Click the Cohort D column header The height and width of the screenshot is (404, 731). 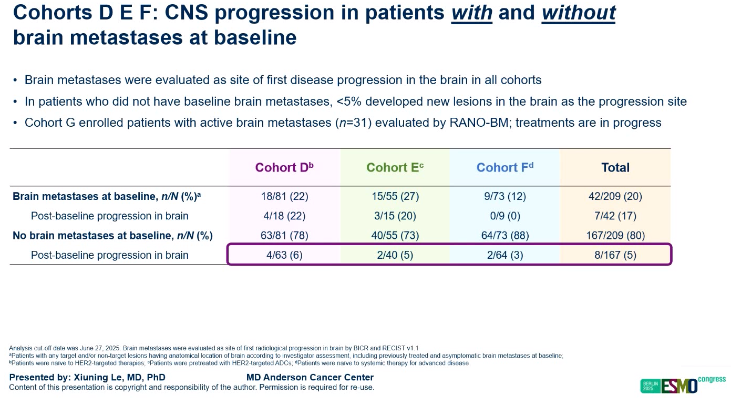284,167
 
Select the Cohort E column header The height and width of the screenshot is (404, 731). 395,167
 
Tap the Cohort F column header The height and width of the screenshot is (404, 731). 505,167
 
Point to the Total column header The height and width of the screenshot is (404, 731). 615,167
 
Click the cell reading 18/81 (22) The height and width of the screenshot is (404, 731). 284,196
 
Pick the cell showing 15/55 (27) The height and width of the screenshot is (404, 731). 395,196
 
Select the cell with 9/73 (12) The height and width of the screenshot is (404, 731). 505,196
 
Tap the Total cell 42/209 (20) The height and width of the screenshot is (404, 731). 615,196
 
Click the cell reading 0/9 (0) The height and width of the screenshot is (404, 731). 505,216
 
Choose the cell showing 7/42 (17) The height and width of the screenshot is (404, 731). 615,216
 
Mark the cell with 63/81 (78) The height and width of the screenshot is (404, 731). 284,235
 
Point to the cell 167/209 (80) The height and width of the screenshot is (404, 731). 615,235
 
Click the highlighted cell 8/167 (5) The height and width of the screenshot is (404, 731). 615,255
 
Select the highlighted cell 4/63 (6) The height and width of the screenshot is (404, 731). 284,255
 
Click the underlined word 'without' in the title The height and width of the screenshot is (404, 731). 578,13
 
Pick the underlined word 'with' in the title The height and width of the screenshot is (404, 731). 471,13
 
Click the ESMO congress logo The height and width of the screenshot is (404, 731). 683,385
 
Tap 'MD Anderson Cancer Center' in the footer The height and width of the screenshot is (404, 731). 310,377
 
